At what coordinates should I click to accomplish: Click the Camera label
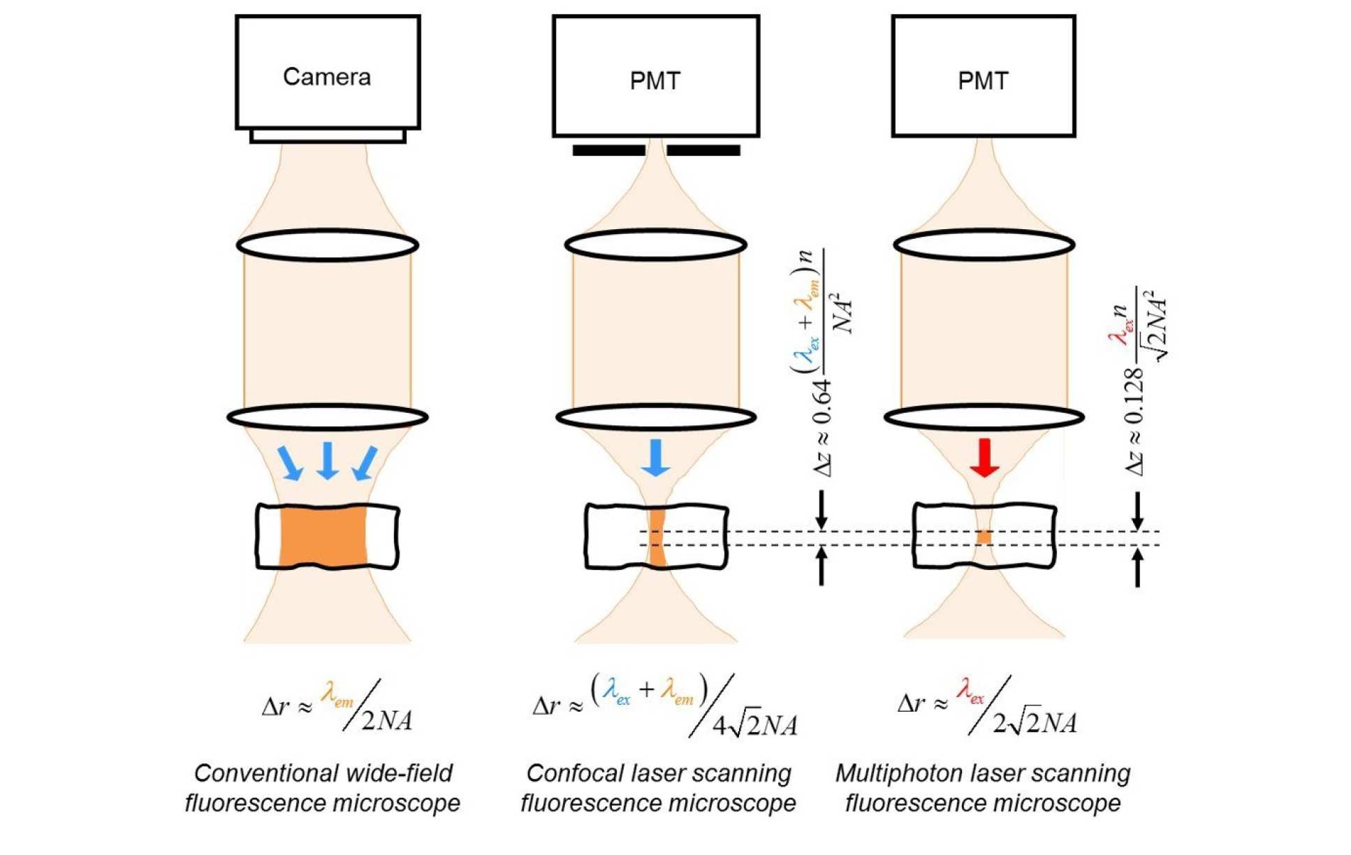tap(326, 77)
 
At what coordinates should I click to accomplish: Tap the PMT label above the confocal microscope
tap(655, 81)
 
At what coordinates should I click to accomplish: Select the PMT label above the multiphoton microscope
tap(982, 81)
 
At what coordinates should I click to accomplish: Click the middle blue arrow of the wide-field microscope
tap(328, 460)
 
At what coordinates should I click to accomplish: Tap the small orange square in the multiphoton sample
tap(984, 536)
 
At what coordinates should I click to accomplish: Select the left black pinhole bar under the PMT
tap(608, 150)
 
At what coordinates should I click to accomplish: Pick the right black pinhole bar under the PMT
tap(703, 150)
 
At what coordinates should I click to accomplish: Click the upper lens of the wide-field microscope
tap(328, 245)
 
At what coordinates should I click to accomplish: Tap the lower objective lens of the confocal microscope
tap(655, 417)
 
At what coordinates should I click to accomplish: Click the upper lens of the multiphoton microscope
tap(984, 244)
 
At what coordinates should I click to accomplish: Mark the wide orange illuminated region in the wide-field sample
tap(323, 536)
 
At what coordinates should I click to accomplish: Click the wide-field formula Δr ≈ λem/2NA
tap(337, 707)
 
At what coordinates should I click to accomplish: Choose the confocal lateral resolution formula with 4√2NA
tap(664, 707)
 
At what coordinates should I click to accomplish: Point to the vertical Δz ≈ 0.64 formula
tap(821, 363)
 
